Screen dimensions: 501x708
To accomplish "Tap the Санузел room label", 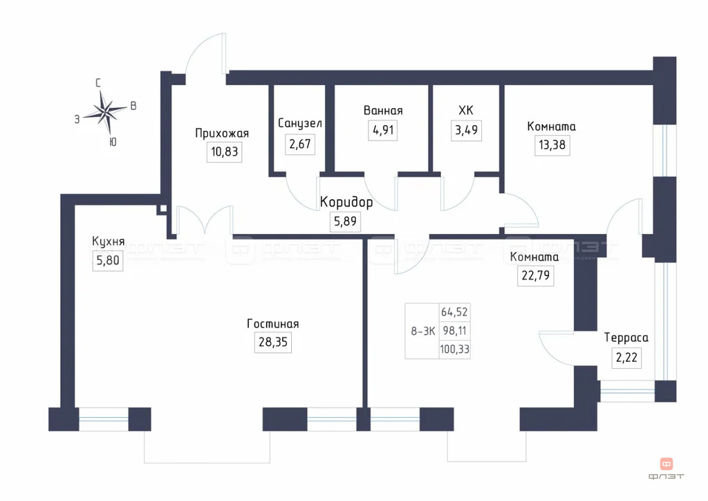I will pyautogui.click(x=300, y=122).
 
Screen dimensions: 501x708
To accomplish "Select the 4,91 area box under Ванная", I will pyautogui.click(x=383, y=129).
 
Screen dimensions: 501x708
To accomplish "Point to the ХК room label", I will pyautogui.click(x=465, y=110).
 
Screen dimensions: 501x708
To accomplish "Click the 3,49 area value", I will pyautogui.click(x=465, y=129).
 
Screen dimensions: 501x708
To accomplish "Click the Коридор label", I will pyautogui.click(x=346, y=203).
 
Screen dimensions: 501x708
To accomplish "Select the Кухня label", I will pyautogui.click(x=108, y=242).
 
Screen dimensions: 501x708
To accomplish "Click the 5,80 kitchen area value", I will pyautogui.click(x=107, y=262).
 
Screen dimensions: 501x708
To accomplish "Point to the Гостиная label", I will pyautogui.click(x=273, y=324).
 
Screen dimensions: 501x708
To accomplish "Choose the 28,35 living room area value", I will pyautogui.click(x=273, y=343).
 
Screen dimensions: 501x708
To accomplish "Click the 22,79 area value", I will pyautogui.click(x=534, y=276).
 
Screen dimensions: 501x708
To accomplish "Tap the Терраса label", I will pyautogui.click(x=626, y=338).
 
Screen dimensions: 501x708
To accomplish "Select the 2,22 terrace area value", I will pyautogui.click(x=626, y=357).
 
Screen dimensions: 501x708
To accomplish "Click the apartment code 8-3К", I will pyautogui.click(x=422, y=331).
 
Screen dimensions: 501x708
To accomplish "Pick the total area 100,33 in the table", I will pyautogui.click(x=454, y=349).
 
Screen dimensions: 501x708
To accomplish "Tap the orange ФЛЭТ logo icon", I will pyautogui.click(x=667, y=464).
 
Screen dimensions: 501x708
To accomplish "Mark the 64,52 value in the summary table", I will pyautogui.click(x=454, y=312).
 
